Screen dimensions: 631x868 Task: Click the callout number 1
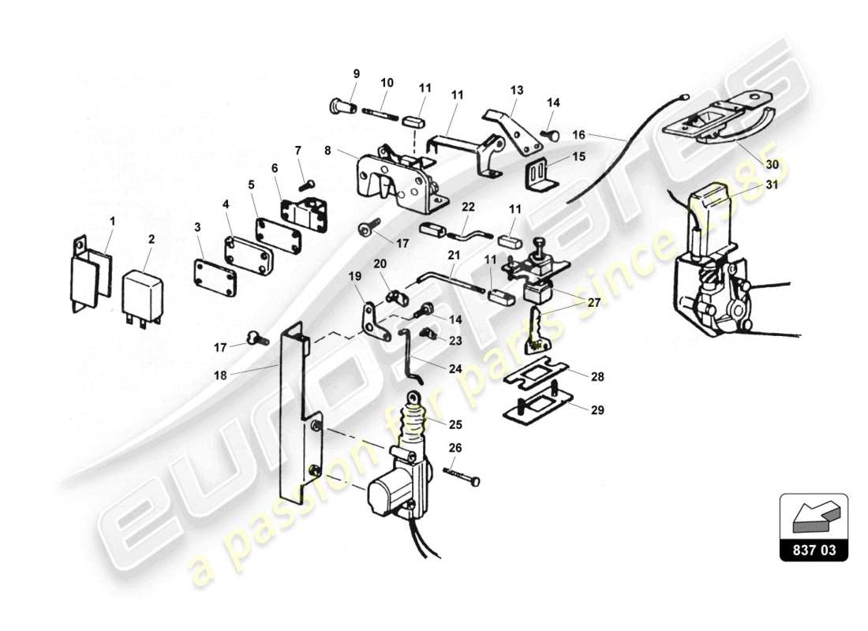pos(111,222)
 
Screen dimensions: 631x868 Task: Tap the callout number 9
pos(356,74)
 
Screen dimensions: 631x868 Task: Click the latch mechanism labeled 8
pos(395,177)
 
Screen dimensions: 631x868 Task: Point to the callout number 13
pos(516,90)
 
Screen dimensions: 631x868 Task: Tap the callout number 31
pos(771,185)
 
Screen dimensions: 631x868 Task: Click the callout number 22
pos(468,207)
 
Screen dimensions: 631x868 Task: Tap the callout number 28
pos(597,377)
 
